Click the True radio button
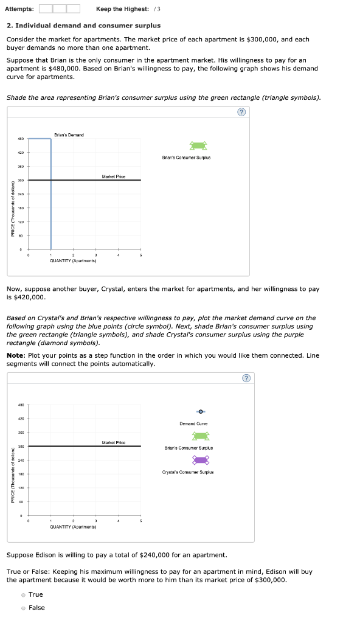coord(23,594)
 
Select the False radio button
coord(23,608)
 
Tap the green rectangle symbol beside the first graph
coord(199,145)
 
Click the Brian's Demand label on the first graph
coord(69,134)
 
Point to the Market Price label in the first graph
coord(114,176)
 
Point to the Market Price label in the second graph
coord(114,442)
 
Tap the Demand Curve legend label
coord(193,423)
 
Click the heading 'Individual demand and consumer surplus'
coord(88,26)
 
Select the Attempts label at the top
coord(19,9)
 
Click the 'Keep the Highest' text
coord(122,9)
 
